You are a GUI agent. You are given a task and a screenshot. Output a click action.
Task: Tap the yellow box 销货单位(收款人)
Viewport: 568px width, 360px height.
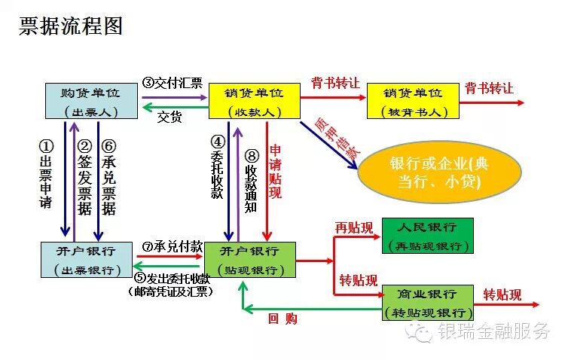pos(254,101)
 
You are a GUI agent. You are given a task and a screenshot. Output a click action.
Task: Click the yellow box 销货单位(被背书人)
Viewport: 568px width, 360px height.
pos(413,101)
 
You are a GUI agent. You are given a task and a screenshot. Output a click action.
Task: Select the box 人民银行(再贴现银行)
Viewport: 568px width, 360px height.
pos(427,236)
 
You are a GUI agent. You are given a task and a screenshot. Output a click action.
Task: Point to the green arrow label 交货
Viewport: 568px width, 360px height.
pos(169,117)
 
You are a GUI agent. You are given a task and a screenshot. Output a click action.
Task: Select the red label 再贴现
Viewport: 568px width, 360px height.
pos(353,227)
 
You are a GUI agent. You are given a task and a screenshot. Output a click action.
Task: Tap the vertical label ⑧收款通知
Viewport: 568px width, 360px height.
pos(252,169)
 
